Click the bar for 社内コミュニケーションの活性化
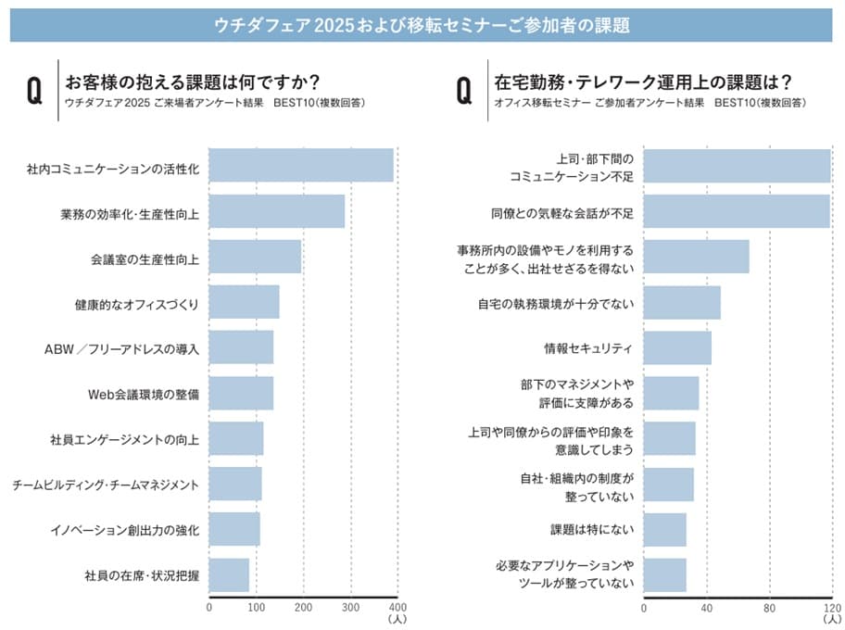pyautogui.click(x=301, y=166)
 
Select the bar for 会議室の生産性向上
pyautogui.click(x=255, y=257)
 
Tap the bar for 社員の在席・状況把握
pyautogui.click(x=229, y=574)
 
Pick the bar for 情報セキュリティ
pyautogui.click(x=677, y=347)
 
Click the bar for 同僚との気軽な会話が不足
pyautogui.click(x=737, y=211)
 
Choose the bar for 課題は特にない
pyautogui.click(x=665, y=529)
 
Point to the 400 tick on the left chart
pyautogui.click(x=397, y=609)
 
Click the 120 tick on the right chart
pyautogui.click(x=832, y=609)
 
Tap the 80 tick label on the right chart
pyautogui.click(x=769, y=609)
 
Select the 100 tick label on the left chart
pyautogui.click(x=257, y=609)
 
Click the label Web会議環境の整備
pyautogui.click(x=144, y=394)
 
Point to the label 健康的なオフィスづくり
pyautogui.click(x=137, y=303)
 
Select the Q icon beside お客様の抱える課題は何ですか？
pyautogui.click(x=35, y=91)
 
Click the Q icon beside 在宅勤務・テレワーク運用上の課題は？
pyautogui.click(x=466, y=91)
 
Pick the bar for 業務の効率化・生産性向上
pyautogui.click(x=277, y=211)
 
